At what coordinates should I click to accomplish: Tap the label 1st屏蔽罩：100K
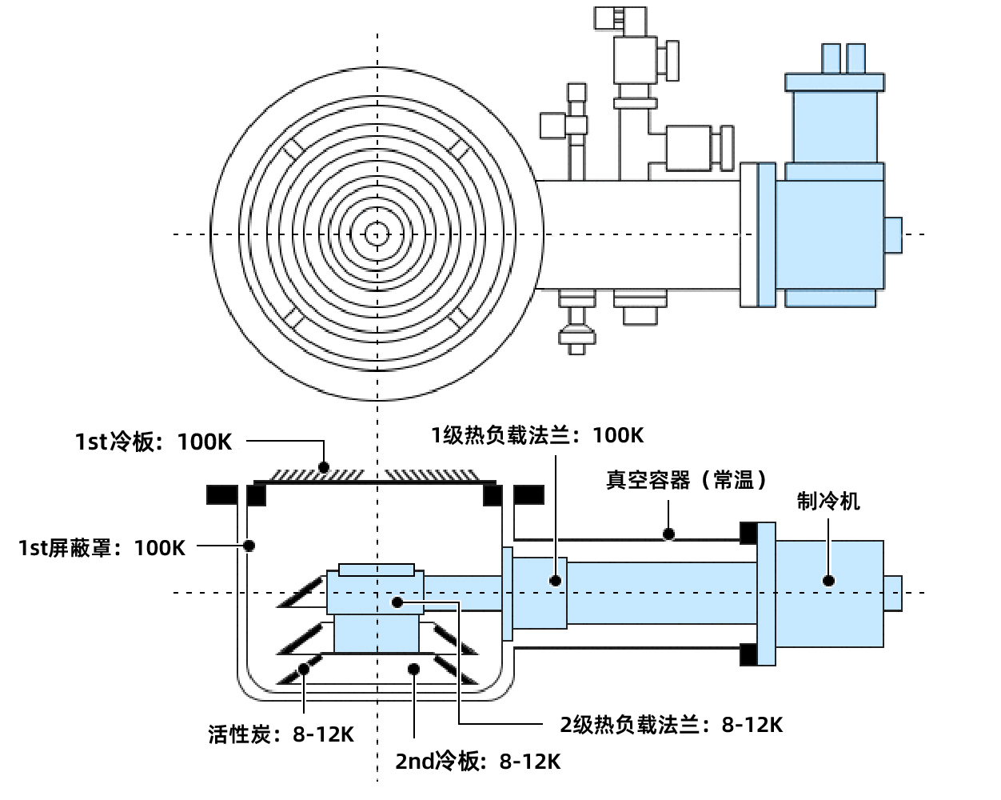(102, 548)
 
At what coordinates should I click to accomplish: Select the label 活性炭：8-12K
(281, 734)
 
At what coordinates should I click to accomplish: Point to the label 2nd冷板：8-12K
(477, 761)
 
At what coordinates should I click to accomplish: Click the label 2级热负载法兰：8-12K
(671, 725)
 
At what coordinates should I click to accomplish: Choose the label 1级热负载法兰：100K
(537, 435)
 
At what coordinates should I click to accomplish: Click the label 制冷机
(828, 501)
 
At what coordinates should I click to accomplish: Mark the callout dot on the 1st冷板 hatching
(324, 466)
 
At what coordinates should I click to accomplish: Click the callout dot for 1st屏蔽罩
(249, 546)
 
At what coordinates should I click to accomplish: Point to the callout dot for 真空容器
(669, 534)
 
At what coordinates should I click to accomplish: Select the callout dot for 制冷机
(829, 580)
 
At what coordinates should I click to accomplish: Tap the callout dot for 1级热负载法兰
(556, 580)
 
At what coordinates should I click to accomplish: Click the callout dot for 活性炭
(303, 668)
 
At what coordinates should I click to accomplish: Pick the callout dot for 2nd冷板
(413, 668)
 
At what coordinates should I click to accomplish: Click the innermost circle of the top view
(377, 234)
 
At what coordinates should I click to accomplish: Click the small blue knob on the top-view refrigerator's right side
(893, 235)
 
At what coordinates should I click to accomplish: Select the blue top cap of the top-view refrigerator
(835, 82)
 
